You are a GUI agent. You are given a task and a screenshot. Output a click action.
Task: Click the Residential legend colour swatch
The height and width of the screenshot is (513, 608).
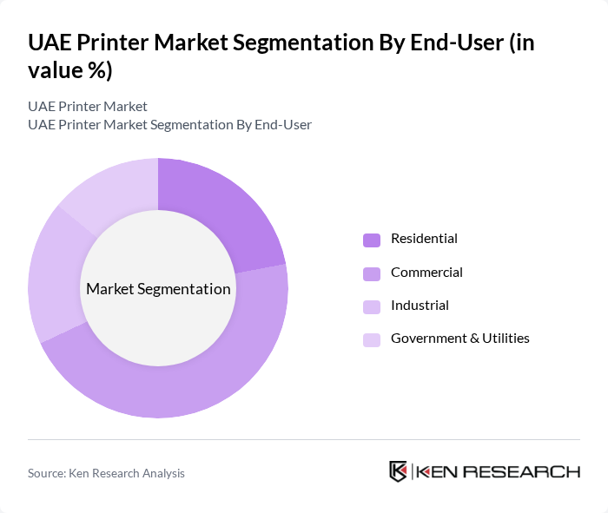(372, 240)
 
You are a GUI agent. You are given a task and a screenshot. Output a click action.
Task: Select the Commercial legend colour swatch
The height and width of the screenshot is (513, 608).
(372, 273)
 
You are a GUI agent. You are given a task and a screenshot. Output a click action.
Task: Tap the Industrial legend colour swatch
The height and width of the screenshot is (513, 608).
(372, 306)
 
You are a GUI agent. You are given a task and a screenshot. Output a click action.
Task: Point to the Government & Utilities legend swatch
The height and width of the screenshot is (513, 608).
(372, 339)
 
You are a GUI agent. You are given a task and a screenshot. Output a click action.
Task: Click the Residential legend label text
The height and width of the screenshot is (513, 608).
(424, 239)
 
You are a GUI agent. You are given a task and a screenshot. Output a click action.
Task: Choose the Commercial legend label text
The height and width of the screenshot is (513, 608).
(426, 273)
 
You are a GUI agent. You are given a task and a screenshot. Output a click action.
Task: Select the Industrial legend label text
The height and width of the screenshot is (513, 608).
(420, 306)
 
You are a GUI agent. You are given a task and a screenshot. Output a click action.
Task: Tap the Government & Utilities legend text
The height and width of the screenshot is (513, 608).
(459, 339)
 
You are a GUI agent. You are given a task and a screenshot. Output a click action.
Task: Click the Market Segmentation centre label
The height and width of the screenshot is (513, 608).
(158, 289)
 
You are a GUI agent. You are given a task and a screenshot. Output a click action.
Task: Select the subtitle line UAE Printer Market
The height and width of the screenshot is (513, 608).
(88, 106)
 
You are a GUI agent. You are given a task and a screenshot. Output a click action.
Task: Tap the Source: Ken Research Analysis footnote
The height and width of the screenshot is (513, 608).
(106, 473)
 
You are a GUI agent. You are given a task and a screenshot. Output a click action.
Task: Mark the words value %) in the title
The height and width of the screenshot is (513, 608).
(70, 71)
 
